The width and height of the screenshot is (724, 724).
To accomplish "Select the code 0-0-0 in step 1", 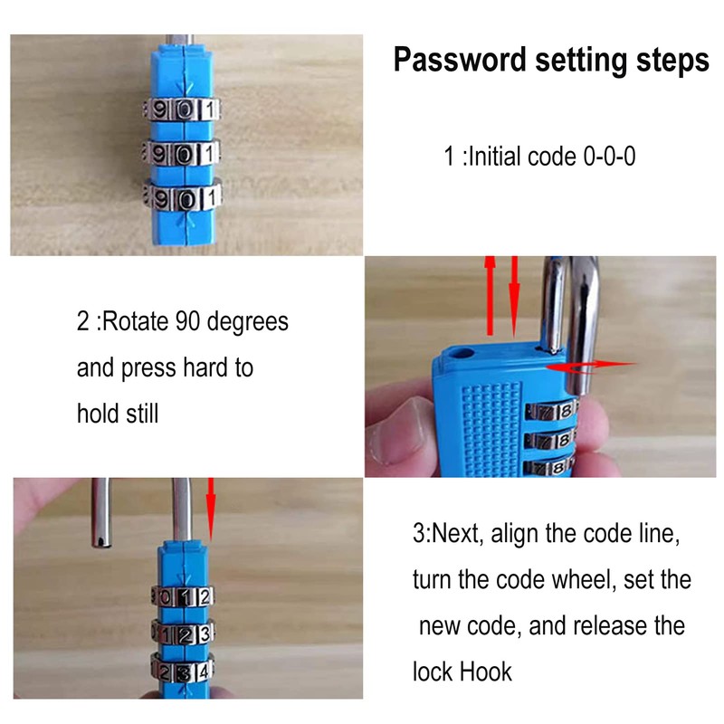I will (606, 157).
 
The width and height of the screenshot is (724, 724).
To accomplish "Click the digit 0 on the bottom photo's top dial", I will (168, 596).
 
